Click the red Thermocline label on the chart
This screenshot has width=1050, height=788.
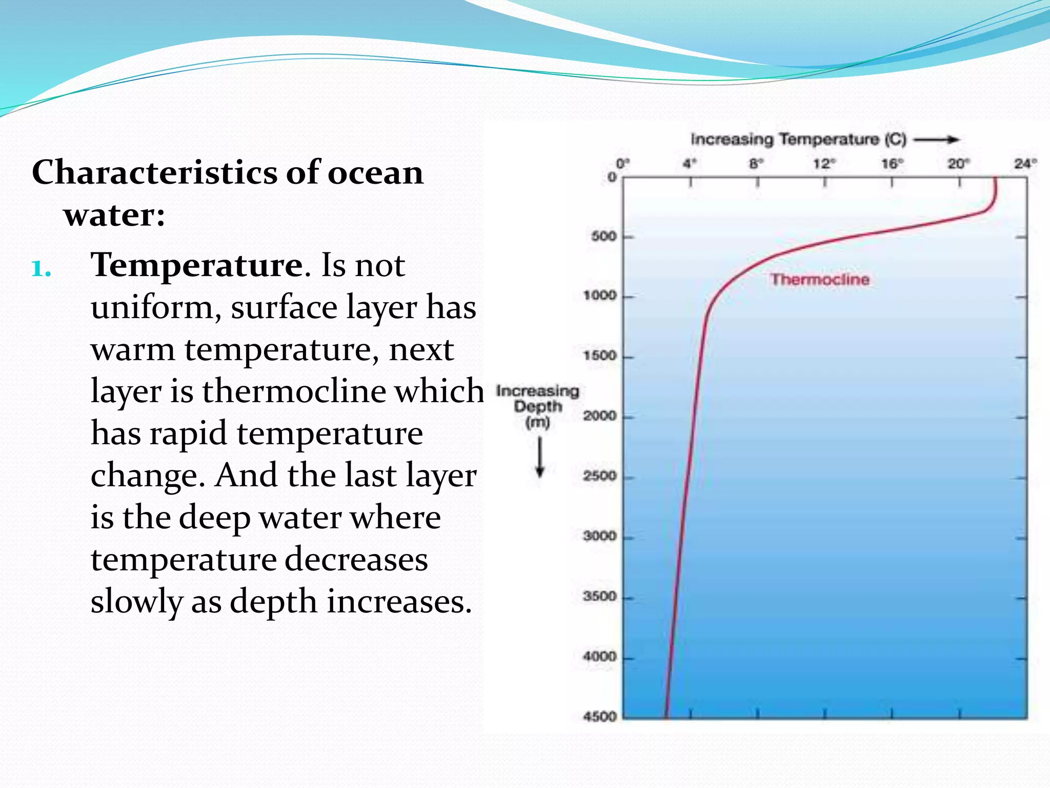pyautogui.click(x=820, y=280)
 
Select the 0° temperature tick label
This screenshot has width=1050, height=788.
pyautogui.click(x=622, y=164)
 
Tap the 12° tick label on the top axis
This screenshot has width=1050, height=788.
pyautogui.click(x=824, y=164)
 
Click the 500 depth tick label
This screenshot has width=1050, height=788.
pyautogui.click(x=603, y=237)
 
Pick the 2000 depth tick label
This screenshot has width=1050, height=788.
pyautogui.click(x=599, y=416)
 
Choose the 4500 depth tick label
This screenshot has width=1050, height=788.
pyautogui.click(x=599, y=716)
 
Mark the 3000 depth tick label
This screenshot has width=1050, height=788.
pyautogui.click(x=599, y=536)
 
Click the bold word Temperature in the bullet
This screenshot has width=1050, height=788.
pyautogui.click(x=196, y=265)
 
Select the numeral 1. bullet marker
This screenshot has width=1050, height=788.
pyautogui.click(x=41, y=268)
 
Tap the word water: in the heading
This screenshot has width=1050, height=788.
pyautogui.click(x=114, y=214)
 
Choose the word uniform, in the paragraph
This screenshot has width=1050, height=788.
pyautogui.click(x=156, y=308)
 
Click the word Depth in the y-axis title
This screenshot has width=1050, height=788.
pyautogui.click(x=538, y=407)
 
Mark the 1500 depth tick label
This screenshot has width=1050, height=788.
pyautogui.click(x=599, y=356)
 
